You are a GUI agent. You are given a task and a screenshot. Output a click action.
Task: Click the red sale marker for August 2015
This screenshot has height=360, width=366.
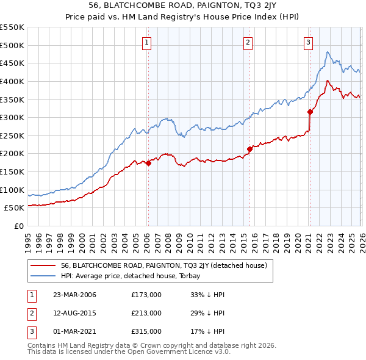click(x=249, y=148)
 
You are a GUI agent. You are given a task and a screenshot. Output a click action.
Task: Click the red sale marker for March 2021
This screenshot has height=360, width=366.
click(x=310, y=112)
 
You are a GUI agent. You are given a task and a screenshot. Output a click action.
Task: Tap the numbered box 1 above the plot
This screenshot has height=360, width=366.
click(x=148, y=42)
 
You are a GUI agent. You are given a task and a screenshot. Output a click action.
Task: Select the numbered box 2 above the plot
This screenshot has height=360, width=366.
click(x=248, y=42)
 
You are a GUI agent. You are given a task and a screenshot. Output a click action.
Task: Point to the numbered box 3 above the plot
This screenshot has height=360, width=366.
click(x=309, y=42)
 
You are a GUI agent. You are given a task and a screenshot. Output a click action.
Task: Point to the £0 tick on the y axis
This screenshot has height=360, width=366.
click(x=20, y=226)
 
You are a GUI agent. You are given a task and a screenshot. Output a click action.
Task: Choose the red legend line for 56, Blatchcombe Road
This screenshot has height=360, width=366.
click(x=44, y=265)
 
